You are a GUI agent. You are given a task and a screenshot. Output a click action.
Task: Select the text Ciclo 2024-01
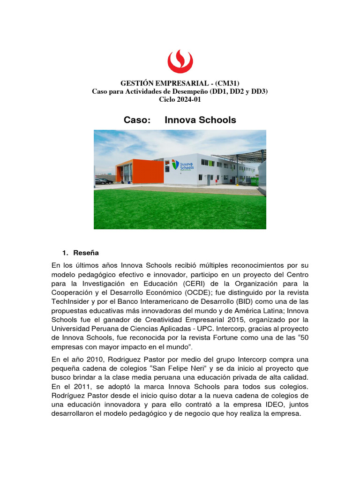pos(180,99)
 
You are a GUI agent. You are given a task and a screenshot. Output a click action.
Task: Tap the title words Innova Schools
pos(200,120)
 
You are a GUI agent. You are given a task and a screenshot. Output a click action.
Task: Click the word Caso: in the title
pos(137,120)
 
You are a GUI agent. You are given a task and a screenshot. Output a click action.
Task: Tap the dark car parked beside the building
pos(103,181)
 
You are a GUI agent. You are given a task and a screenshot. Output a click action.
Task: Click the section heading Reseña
pos(86,253)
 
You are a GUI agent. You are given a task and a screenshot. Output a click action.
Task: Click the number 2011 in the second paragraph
pos(93,387)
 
